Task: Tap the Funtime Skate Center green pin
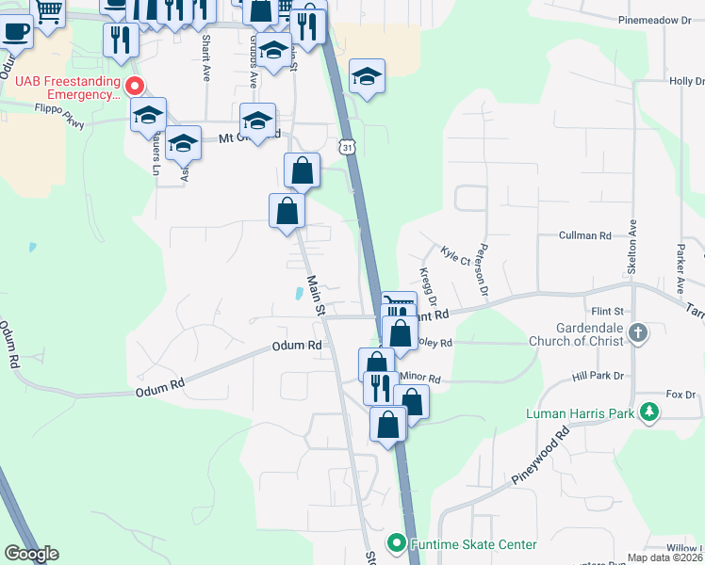tap(397, 544)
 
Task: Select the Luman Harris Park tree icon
tap(648, 412)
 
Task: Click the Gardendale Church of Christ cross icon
tap(638, 332)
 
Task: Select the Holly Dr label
tap(685, 81)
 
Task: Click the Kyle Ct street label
tap(454, 254)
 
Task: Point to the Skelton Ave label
tap(632, 248)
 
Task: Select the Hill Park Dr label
tap(598, 376)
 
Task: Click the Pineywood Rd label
tap(541, 458)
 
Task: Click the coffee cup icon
tap(16, 31)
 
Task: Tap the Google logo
tap(32, 553)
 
